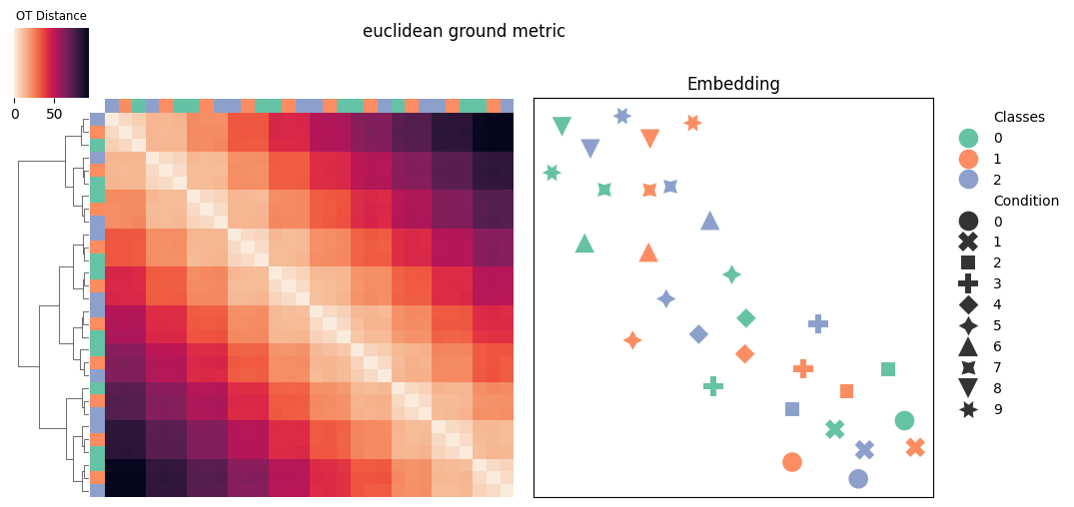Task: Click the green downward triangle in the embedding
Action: pos(561,125)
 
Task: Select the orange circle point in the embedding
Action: pos(792,462)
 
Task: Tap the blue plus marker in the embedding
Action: pos(818,323)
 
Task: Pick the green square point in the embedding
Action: pos(888,369)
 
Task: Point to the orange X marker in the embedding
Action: pos(915,447)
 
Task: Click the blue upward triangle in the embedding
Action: pos(710,221)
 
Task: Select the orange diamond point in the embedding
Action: pos(744,353)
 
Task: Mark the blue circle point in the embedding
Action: pos(858,478)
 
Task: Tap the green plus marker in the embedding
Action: pos(713,386)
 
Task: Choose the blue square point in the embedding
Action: pos(792,409)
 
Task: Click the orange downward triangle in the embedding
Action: pos(650,138)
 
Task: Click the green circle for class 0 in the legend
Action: pos(968,138)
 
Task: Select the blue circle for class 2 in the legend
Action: pos(968,180)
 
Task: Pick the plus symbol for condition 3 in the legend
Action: pos(968,283)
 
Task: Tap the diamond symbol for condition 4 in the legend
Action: pos(968,304)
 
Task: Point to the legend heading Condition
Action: pos(1026,201)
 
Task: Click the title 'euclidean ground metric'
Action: pos(464,31)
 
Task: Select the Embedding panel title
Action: pos(733,84)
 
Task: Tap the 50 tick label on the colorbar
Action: pos(55,114)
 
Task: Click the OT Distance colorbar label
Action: pos(51,16)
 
